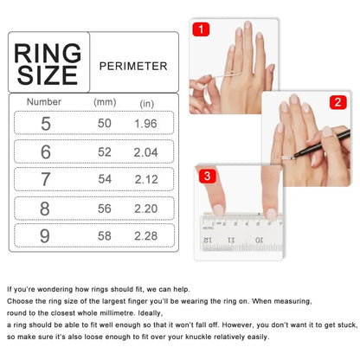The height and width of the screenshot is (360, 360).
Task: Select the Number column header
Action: pos(43,102)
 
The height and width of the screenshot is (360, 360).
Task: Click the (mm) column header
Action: pos(105,102)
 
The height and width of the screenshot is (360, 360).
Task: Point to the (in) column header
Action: pos(147,103)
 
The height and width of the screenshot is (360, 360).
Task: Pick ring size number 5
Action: pos(44,124)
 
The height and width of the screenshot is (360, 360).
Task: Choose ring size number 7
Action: pos(44,179)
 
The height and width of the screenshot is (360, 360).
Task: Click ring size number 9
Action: pos(44,235)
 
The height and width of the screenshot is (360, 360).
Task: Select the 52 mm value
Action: pos(105,152)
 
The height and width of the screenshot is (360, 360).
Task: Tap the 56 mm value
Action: pos(105,208)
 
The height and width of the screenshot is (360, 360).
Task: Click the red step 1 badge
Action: pos(202,30)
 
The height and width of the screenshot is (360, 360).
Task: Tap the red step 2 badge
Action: pos(336,102)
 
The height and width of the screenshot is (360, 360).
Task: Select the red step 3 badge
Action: pos(208,175)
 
